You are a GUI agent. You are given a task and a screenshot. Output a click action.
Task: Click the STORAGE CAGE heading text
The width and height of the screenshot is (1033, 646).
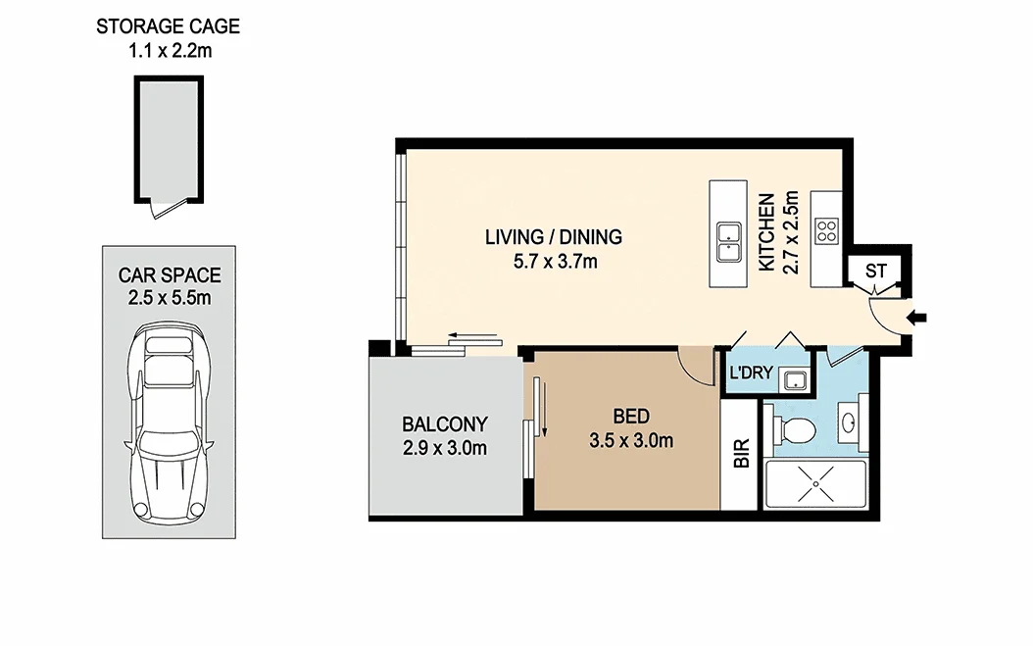[167, 26]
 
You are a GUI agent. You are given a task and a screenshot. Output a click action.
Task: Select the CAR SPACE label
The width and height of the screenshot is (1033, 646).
[170, 275]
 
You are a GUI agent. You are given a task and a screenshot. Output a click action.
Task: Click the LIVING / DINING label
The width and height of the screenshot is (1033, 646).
[553, 237]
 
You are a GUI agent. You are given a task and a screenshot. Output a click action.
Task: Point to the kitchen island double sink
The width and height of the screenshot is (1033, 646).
[728, 242]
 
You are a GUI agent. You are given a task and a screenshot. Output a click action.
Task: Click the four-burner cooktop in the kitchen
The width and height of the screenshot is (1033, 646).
[827, 231]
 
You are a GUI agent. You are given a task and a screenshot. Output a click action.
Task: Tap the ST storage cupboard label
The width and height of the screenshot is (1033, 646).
[876, 272]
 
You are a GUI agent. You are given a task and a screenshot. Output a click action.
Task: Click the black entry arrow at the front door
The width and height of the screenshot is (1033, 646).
[919, 317]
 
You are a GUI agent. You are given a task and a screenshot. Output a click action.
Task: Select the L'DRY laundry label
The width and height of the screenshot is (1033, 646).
[750, 373]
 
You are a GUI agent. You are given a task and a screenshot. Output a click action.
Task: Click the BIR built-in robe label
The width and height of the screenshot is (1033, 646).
[742, 457]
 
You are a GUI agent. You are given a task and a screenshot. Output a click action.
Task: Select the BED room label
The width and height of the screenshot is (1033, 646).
[631, 417]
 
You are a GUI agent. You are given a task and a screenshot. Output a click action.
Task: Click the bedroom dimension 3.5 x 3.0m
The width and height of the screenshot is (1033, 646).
[631, 441]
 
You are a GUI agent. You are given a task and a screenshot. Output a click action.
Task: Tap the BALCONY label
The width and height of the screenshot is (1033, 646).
[444, 424]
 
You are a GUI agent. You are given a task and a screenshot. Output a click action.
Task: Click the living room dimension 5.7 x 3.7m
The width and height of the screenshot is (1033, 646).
[553, 262]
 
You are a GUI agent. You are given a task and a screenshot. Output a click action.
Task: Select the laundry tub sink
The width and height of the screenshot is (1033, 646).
[796, 379]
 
